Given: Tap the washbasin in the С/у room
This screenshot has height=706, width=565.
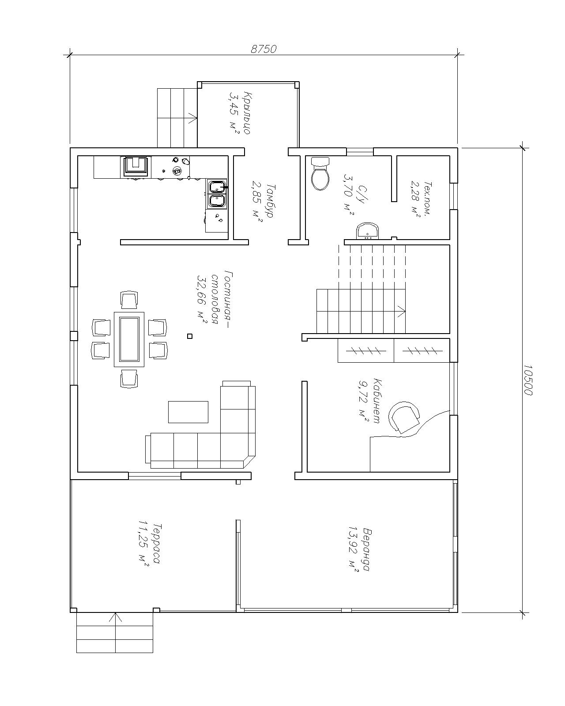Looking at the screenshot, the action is [x=368, y=231].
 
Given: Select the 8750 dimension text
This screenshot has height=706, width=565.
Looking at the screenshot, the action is [x=263, y=49].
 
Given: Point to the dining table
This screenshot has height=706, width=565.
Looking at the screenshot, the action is [x=129, y=339].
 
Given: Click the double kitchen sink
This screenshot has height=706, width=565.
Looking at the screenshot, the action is [x=217, y=194].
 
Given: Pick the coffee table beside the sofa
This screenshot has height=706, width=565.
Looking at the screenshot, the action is [x=188, y=412].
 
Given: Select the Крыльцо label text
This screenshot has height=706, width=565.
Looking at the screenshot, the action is [x=247, y=113].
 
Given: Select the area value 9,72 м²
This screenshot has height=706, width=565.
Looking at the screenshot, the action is [x=363, y=402].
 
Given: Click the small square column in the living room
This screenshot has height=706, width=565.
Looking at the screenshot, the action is [x=189, y=336].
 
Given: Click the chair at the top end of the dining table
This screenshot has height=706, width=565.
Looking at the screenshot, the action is [x=129, y=300].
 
